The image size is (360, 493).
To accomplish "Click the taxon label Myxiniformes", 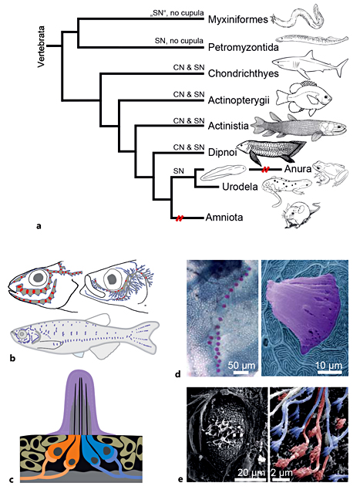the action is [x=237, y=20].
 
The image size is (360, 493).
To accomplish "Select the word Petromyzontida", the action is [x=244, y=48].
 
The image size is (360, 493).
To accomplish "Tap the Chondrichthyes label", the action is [x=244, y=73].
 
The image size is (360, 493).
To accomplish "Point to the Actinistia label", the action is [x=228, y=126].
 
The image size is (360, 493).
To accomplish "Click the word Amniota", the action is [x=224, y=218].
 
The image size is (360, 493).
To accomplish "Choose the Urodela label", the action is [x=240, y=187].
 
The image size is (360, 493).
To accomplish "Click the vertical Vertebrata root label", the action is [x=41, y=46].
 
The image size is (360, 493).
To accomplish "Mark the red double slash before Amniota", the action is [x=179, y=218].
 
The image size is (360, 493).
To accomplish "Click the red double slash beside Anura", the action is [x=265, y=169].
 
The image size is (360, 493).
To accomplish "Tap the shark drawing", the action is [x=310, y=65].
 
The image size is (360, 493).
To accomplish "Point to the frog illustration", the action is [x=331, y=174].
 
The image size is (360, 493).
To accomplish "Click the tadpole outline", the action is [x=224, y=172].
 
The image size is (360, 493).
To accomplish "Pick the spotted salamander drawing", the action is [x=287, y=190].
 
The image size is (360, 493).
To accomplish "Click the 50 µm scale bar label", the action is [x=241, y=366].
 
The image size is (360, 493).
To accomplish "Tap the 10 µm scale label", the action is [x=328, y=366].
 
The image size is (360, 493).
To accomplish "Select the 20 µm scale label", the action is [x=251, y=473].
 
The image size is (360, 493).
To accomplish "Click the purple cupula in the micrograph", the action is [x=304, y=316].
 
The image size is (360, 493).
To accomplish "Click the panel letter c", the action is [x=12, y=480].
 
